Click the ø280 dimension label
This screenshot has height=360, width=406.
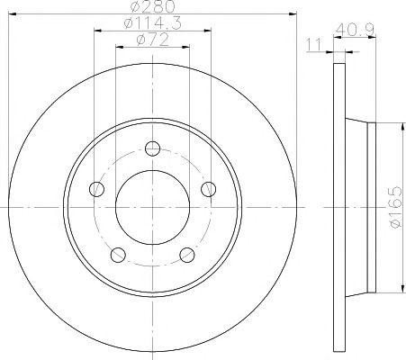tap(153, 6)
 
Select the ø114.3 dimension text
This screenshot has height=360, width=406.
tap(152, 23)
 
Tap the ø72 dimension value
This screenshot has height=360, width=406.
tap(152, 40)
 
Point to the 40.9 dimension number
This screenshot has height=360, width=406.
tap(355, 31)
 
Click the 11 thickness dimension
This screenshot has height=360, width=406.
tap(313, 44)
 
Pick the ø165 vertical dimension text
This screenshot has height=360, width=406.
tap(395, 207)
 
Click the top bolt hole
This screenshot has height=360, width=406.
tap(152, 148)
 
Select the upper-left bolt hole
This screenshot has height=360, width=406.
tap(96, 189)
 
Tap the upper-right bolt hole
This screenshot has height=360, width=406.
tap(208, 189)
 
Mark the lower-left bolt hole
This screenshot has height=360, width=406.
tap(118, 255)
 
